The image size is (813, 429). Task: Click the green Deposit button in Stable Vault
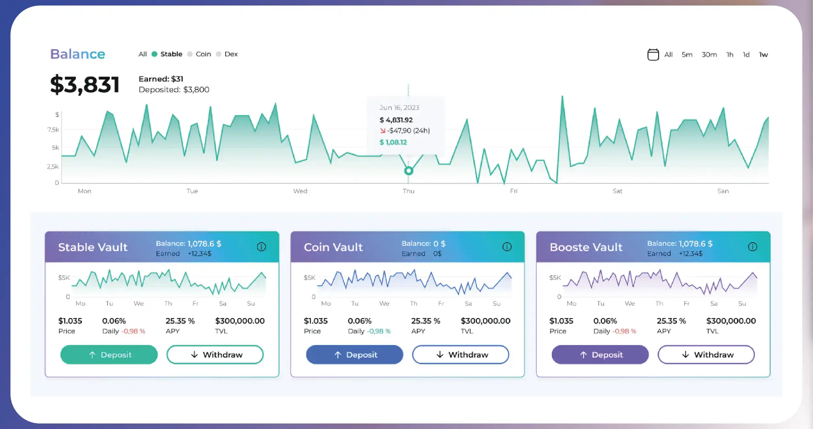109,355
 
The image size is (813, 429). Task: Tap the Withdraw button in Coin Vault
461,355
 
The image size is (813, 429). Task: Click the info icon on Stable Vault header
261,247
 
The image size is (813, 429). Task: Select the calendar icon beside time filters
653,55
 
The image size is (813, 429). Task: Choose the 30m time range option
709,55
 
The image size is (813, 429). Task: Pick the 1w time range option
763,55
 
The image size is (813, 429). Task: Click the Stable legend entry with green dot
167,54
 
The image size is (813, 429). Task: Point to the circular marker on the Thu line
409,170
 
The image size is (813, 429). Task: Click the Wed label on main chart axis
300,191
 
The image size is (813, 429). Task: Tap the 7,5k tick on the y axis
53,130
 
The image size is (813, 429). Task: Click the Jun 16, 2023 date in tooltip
399,107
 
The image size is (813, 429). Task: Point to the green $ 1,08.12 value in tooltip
393,142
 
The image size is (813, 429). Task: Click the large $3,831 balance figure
85,84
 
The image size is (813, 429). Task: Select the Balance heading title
78,54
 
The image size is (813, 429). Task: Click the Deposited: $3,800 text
174,90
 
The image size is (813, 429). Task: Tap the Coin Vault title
333,247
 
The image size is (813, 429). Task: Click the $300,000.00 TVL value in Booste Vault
731,321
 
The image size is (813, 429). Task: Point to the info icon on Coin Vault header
507,247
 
